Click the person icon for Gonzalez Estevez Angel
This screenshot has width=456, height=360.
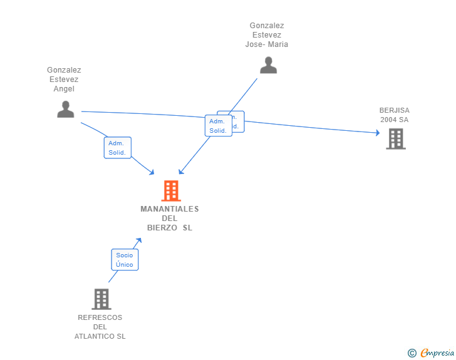point(66,109)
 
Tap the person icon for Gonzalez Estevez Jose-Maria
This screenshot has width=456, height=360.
point(268,65)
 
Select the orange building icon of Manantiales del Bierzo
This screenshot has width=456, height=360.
point(170,190)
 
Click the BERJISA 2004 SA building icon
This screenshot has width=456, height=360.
point(396,138)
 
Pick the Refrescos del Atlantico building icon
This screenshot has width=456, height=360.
point(101,299)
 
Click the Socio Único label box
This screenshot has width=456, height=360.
point(125,260)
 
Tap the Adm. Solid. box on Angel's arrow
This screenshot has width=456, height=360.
point(117,148)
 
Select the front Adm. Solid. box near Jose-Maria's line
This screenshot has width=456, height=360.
point(218,126)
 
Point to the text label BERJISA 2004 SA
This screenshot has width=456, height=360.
point(395,115)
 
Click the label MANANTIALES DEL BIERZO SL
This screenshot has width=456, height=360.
point(170,218)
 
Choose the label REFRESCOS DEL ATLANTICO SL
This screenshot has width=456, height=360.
point(100,327)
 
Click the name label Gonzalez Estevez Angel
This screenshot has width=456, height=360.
point(64,80)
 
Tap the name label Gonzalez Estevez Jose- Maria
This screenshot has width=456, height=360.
point(267,35)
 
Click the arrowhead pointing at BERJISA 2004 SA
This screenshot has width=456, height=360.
point(377,133)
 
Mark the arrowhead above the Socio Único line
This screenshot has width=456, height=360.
point(139,240)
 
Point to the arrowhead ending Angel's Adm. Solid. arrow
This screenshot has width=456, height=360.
point(152,172)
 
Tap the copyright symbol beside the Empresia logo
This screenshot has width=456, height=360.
point(412,353)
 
